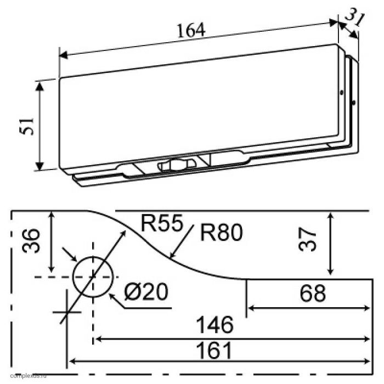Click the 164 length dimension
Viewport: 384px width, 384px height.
(x=191, y=31)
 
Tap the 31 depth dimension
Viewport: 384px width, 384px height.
(x=356, y=20)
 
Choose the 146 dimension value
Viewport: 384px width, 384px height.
(x=217, y=325)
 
